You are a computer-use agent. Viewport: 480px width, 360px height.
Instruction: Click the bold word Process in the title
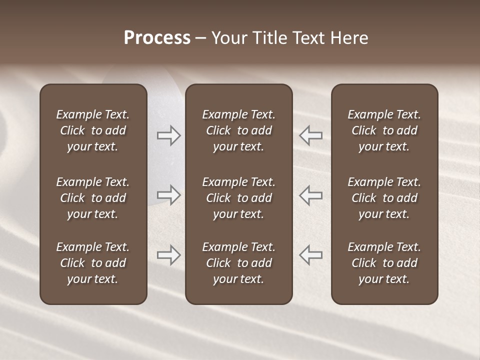click(x=157, y=38)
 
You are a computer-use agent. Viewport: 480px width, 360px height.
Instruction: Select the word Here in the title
click(x=349, y=38)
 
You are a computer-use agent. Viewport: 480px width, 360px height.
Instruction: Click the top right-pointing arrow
click(x=168, y=135)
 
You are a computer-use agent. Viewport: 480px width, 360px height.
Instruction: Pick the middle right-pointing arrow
click(x=168, y=195)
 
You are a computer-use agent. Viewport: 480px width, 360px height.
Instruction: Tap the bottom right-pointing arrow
click(x=168, y=255)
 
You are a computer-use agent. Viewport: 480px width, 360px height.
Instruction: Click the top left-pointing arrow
click(x=311, y=135)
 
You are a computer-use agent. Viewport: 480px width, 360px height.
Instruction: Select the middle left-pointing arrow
click(x=311, y=195)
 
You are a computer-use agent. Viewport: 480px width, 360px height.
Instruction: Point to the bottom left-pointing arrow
click(x=311, y=255)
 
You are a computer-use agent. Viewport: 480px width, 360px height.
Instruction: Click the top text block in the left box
click(x=93, y=130)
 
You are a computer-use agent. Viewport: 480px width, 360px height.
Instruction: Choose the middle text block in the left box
click(x=93, y=198)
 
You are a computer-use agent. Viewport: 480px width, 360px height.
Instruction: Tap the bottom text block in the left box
click(x=93, y=263)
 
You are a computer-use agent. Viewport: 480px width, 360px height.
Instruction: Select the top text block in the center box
click(x=238, y=130)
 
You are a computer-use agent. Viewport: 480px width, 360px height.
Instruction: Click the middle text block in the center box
click(x=238, y=198)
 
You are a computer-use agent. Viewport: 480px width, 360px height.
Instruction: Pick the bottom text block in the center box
click(x=238, y=263)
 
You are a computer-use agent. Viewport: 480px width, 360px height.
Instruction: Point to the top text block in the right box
click(x=384, y=130)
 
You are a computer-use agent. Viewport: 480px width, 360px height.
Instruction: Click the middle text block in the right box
click(x=384, y=198)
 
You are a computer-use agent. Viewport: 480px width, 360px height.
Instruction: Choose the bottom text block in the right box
click(x=384, y=263)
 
